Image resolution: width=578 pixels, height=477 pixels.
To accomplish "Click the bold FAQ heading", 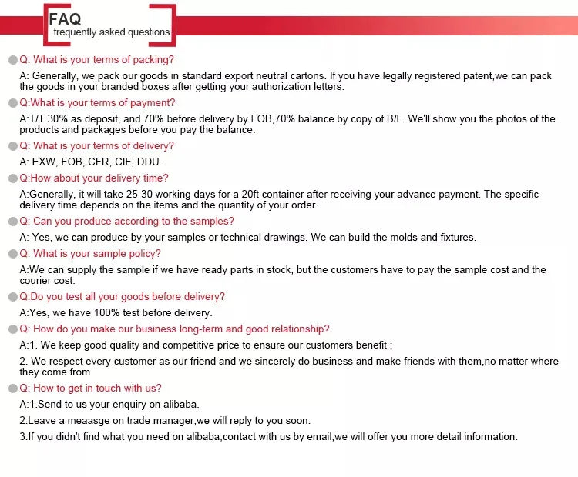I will (x=65, y=18).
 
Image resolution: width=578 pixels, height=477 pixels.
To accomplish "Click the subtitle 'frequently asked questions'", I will (x=111, y=32).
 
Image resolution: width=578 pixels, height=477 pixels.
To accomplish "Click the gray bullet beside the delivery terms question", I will (x=13, y=146).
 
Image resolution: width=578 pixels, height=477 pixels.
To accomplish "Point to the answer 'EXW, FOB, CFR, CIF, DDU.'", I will (x=97, y=162).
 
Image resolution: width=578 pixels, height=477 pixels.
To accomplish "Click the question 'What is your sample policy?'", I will (x=90, y=253).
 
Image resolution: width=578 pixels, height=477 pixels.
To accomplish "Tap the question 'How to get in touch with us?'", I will (x=91, y=388).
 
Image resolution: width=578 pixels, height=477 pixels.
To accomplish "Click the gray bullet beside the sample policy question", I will (x=13, y=254).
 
